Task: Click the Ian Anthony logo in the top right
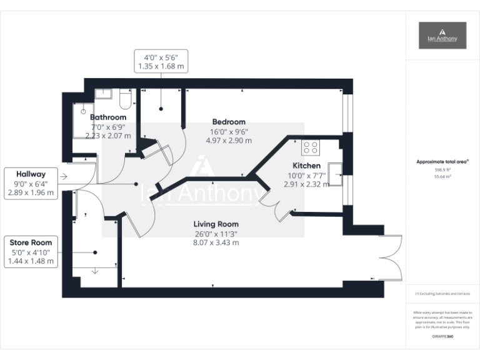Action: coord(442,35)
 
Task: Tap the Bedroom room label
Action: coord(229,122)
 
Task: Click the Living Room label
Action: coord(216,224)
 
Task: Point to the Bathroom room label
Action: coord(108,117)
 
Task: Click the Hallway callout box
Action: coord(31,183)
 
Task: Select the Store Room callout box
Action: coord(31,252)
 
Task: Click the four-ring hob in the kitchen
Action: coord(311,147)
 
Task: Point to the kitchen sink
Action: coord(335,169)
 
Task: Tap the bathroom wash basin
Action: coord(104,94)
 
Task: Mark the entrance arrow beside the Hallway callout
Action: coord(64,177)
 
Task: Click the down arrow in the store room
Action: coord(94,271)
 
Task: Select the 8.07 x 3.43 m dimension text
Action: coord(216,242)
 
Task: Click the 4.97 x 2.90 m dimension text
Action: coord(229,141)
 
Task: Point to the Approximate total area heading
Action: coord(442,162)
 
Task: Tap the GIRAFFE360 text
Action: coord(442,337)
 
